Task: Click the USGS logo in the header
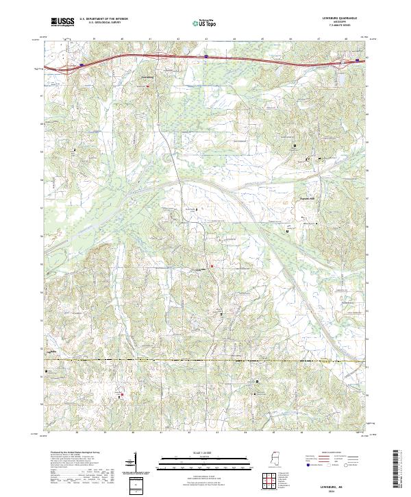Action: click(62, 23)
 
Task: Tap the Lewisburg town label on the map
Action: click(148, 77)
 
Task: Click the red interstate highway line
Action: click(206, 58)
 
